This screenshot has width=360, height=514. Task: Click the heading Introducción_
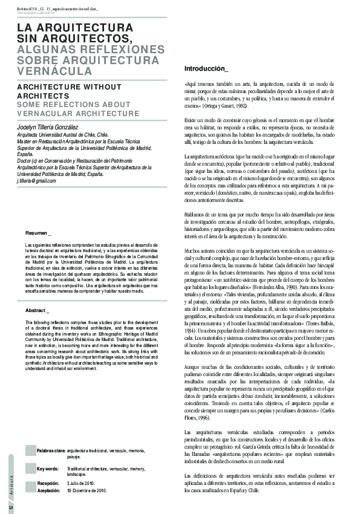point(206,68)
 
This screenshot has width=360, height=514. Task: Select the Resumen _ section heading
point(38,233)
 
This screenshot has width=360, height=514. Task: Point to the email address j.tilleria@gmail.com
point(36,181)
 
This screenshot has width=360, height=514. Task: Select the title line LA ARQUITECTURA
point(74,28)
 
